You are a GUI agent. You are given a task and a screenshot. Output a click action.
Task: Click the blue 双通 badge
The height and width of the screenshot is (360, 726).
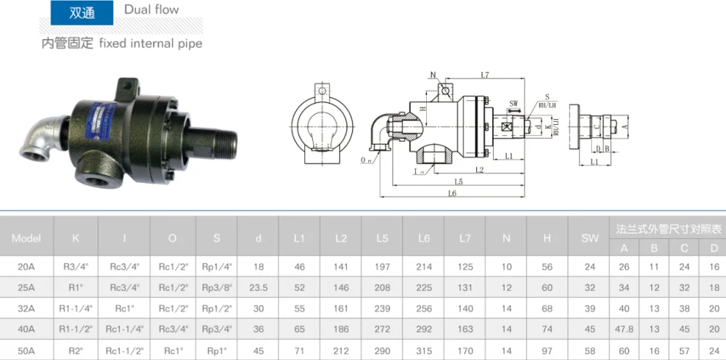82,12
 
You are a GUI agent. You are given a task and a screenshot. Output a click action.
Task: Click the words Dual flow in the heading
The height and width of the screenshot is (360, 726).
151,10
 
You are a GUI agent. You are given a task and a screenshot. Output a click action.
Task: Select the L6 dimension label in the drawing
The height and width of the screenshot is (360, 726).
452,194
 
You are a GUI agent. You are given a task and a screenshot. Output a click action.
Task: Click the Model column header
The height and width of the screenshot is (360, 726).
27,237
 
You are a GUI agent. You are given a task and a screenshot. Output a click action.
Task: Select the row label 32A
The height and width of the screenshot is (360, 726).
27,308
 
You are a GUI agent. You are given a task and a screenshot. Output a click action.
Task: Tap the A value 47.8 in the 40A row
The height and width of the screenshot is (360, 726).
624,329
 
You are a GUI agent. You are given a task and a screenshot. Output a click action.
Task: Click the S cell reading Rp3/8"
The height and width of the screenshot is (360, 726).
217,287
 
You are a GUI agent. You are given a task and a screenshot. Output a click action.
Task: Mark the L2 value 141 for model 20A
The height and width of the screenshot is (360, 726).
341,266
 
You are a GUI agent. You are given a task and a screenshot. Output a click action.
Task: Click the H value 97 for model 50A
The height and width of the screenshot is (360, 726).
547,350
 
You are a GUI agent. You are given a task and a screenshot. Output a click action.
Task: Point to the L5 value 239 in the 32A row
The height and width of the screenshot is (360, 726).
383,308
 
